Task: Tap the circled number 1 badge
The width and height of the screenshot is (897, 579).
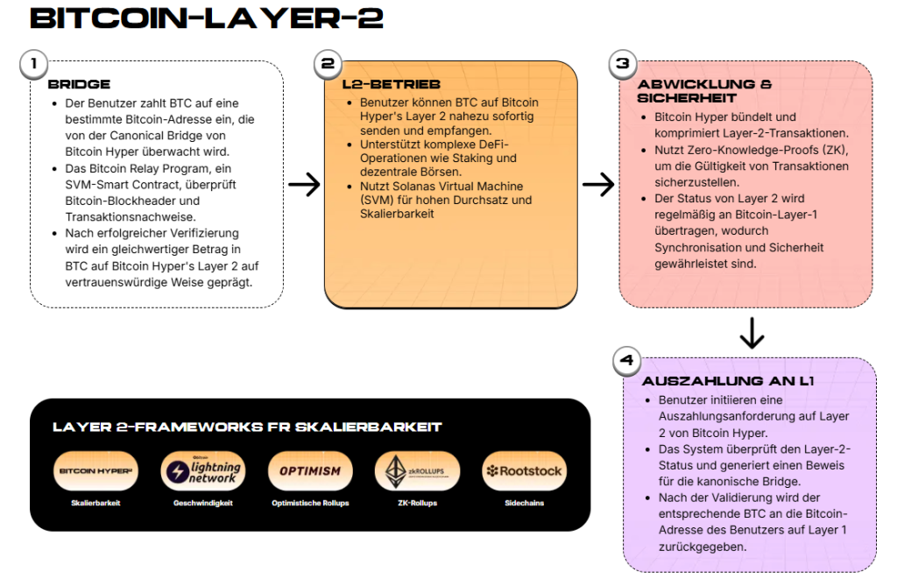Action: (33, 63)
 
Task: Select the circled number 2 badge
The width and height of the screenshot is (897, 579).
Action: (328, 63)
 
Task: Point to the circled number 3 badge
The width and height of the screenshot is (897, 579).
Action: (622, 63)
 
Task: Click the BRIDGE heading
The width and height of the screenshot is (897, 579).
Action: (79, 84)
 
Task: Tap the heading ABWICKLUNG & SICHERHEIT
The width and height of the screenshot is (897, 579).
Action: (704, 91)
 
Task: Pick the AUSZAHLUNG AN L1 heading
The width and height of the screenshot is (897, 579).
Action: (728, 381)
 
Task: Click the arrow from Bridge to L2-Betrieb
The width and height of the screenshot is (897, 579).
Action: (304, 184)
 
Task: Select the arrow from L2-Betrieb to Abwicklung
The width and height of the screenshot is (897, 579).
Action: (598, 184)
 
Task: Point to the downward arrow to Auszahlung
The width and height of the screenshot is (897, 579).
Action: (752, 334)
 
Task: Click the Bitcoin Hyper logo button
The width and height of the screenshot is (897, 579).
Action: (95, 470)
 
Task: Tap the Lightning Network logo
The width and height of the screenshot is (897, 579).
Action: (202, 470)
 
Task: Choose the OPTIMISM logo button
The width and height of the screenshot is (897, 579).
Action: (310, 470)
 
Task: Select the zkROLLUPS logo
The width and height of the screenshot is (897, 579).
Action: (417, 470)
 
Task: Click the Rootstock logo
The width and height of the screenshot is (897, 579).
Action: (524, 470)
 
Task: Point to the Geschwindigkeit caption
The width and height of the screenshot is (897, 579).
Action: (202, 504)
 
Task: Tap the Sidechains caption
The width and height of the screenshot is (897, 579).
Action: (524, 504)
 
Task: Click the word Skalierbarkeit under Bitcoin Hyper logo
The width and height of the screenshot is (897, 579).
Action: (95, 504)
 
